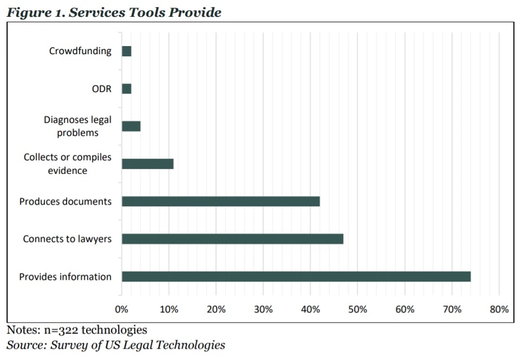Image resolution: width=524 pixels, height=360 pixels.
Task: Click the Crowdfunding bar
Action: click(x=127, y=51)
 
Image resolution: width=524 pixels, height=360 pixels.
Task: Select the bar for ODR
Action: click(x=127, y=89)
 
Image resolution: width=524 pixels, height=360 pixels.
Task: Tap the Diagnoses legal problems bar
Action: click(x=131, y=126)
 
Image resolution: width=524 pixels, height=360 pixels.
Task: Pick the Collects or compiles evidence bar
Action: click(x=148, y=163)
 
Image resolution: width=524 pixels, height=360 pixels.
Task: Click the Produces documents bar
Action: click(x=221, y=201)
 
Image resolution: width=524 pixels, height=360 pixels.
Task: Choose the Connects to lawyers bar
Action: click(x=233, y=239)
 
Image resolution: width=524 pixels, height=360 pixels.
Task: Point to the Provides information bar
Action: click(x=296, y=277)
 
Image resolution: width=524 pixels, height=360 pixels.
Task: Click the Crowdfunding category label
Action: click(x=80, y=51)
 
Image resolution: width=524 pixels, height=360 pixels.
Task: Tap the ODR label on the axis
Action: click(x=101, y=89)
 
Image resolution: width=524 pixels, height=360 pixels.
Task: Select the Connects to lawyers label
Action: click(x=67, y=239)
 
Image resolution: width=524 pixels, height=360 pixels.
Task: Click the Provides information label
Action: click(x=65, y=277)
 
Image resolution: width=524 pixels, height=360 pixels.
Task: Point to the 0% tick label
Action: click(x=122, y=310)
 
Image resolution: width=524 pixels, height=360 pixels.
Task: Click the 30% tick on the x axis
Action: click(x=263, y=310)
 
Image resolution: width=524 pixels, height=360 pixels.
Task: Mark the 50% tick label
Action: click(x=358, y=310)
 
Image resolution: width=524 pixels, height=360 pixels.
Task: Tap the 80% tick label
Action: click(x=499, y=310)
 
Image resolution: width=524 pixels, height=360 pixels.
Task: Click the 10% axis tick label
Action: click(x=169, y=310)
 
